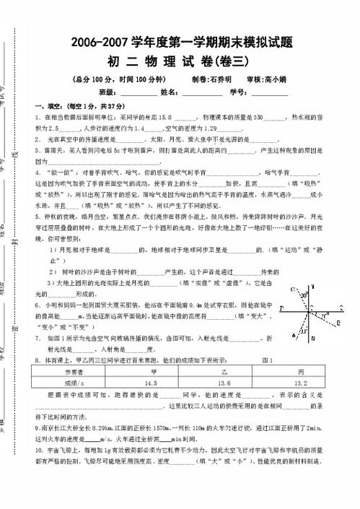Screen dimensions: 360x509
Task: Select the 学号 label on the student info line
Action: point(239,92)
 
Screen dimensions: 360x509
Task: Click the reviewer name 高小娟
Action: point(278,79)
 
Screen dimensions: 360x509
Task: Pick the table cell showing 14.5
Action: point(152,382)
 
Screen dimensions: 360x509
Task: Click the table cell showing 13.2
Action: point(299,382)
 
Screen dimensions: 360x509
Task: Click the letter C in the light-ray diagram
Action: point(291,289)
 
